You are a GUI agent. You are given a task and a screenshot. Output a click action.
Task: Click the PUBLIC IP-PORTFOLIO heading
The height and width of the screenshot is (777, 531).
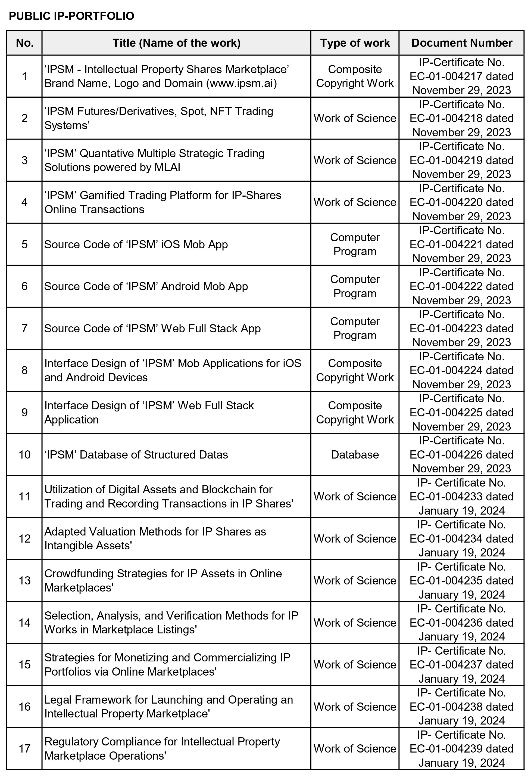71,16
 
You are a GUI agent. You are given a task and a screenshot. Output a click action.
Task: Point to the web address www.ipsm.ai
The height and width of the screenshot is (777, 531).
241,83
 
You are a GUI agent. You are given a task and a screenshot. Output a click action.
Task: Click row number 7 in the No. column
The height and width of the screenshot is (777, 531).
24,328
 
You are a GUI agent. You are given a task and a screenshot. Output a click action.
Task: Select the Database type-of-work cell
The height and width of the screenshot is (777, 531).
355,455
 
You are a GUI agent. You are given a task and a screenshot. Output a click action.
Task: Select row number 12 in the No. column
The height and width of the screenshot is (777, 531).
24,538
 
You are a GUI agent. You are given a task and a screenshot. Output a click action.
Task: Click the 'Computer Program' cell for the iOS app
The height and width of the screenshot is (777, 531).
355,244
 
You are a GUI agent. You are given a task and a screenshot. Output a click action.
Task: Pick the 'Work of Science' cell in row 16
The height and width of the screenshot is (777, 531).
355,707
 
